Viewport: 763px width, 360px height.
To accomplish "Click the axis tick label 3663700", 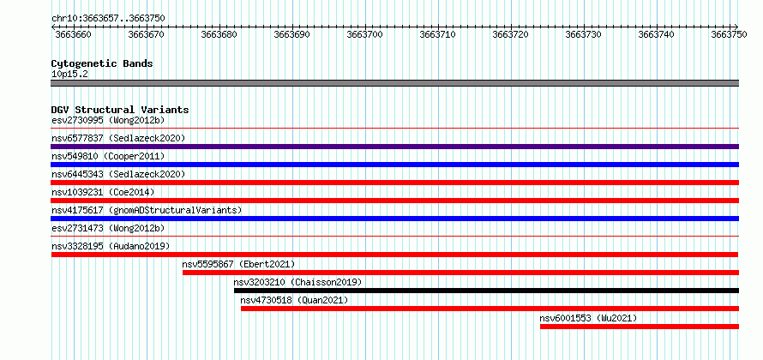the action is pos(364,34).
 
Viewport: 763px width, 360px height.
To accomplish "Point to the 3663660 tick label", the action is pos(73,34).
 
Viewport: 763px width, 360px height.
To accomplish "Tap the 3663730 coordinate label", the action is pos(584,34).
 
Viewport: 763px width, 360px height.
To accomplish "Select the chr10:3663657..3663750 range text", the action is pos(108,19).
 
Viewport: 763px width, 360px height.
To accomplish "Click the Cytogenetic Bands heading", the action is pos(102,63).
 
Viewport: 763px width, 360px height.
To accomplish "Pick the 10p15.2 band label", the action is pos(69,75).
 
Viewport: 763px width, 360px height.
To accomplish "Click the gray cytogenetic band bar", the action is pos(394,83).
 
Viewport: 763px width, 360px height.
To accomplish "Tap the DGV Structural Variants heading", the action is pos(120,110).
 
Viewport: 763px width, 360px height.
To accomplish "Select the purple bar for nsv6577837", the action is pos(394,147).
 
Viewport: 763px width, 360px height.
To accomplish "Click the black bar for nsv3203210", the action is pos(486,291).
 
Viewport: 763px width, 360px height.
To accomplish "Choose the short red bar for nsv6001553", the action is pos(640,327).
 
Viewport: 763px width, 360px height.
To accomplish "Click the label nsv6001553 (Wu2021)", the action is pos(588,318).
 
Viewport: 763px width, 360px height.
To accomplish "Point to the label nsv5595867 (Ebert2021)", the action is pos(238,264).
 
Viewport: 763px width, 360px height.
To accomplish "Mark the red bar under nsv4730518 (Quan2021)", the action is pos(490,309).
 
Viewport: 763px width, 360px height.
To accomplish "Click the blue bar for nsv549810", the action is pos(394,165).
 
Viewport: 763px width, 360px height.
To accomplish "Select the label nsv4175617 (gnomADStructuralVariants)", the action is pos(147,210).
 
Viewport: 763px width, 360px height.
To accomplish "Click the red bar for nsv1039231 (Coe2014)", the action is pos(394,201).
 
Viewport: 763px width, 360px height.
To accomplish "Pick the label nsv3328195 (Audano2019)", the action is pos(111,246).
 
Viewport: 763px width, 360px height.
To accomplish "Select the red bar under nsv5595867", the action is pos(461,273).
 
